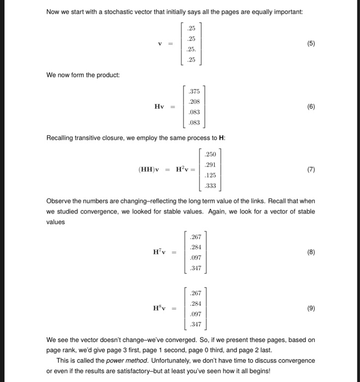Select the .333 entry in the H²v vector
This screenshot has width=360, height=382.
click(x=210, y=186)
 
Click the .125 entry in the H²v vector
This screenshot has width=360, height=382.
click(x=210, y=175)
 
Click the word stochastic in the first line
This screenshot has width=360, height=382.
click(x=109, y=12)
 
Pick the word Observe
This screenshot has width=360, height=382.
click(x=58, y=201)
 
